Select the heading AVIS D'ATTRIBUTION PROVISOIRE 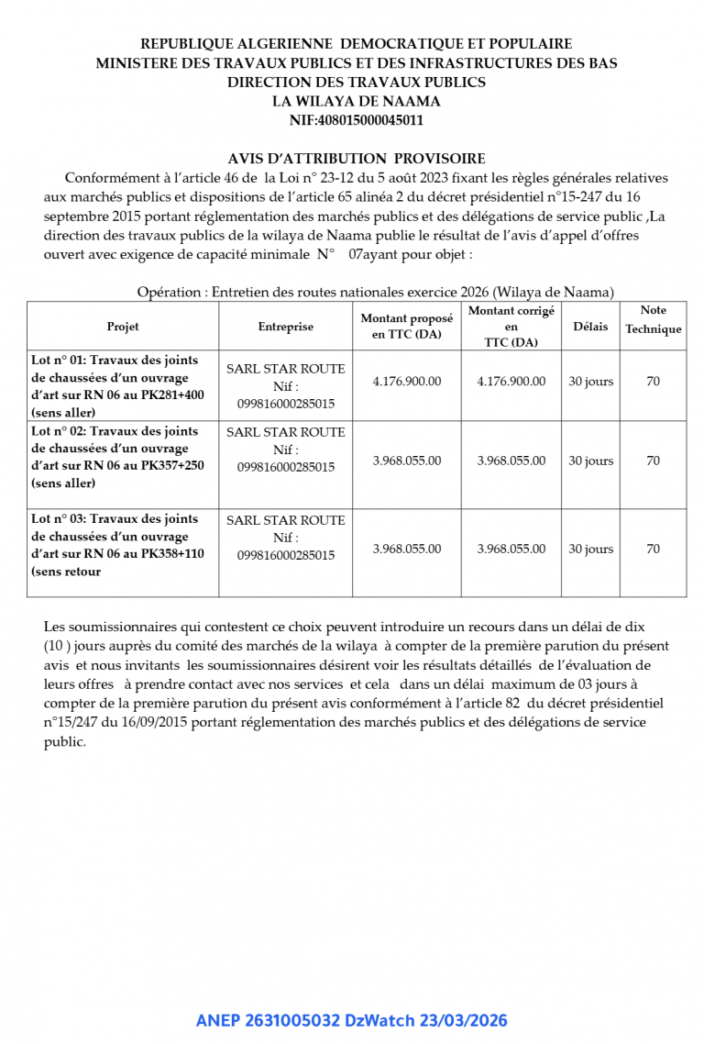(x=356, y=159)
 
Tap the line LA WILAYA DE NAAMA (x=356, y=101)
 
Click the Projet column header (x=123, y=327)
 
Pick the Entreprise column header (x=285, y=327)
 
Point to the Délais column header (x=590, y=327)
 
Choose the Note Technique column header (x=653, y=320)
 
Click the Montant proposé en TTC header (x=406, y=327)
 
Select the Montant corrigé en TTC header (x=511, y=327)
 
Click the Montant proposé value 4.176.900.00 (x=406, y=382)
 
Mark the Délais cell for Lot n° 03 (x=590, y=549)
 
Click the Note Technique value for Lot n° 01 (x=653, y=382)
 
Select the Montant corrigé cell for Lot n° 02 (x=511, y=461)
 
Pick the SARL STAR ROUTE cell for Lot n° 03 (x=285, y=537)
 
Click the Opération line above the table (x=375, y=292)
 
